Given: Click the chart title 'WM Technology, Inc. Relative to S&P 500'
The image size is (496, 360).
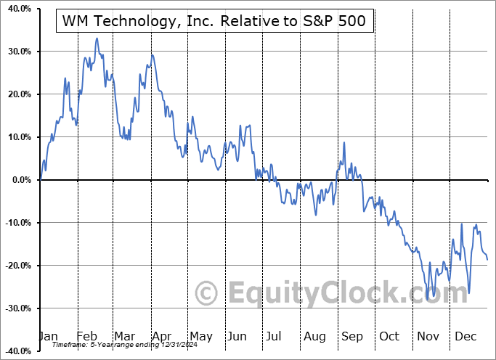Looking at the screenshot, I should (x=215, y=22).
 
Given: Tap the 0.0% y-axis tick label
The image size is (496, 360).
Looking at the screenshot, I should (x=20, y=180).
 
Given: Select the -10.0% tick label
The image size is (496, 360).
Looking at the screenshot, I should (x=17, y=223).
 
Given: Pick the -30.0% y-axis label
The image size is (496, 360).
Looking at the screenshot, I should (x=17, y=308).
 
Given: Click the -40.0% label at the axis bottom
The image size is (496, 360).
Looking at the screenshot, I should (x=17, y=351).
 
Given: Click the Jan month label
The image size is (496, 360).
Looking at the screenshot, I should (x=48, y=337).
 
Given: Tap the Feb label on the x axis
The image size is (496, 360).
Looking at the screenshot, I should (x=87, y=337).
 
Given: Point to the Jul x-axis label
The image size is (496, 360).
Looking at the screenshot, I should (x=275, y=337).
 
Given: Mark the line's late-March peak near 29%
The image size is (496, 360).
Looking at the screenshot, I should (x=152, y=54).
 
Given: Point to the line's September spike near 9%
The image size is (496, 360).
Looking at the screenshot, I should (x=344, y=142).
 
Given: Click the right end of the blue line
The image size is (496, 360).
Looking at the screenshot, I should (x=487, y=259).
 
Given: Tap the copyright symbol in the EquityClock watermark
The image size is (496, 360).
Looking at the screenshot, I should (x=208, y=293).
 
